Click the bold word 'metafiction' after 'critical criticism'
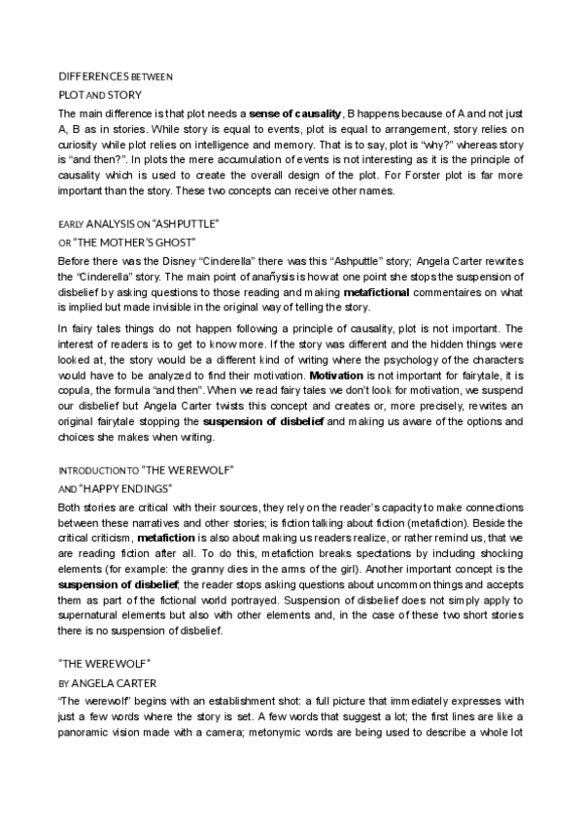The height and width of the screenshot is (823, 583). pos(167,537)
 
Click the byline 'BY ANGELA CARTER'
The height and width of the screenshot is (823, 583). pos(100,682)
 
